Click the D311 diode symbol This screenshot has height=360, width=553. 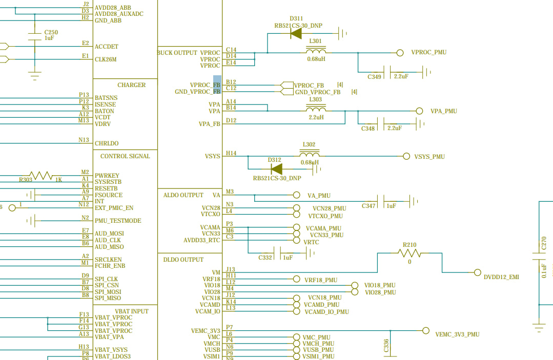pos(296,33)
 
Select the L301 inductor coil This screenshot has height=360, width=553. pos(316,50)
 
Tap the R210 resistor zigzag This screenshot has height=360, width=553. pos(409,252)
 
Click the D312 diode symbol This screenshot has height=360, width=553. pos(277,169)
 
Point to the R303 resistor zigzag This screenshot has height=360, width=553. pos(40,175)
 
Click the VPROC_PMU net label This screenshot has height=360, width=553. pos(429,52)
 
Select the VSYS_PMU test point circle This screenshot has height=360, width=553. pos(406,156)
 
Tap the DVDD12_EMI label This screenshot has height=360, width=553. pos(501,277)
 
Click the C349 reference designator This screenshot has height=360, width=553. pos(374,76)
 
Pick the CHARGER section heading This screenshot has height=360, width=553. pos(132,85)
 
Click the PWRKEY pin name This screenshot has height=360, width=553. pos(107,176)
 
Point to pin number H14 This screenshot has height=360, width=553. pos(231,153)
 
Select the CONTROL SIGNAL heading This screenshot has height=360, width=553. pos(125,156)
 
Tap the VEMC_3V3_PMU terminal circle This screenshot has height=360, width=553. pos(426,330)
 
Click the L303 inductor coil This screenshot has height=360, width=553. pos(316,109)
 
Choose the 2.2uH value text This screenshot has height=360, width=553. pos(316,117)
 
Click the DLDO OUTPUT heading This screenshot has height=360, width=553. pos(183,260)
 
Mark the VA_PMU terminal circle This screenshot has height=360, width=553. pos(297,195)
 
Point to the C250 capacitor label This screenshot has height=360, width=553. pos(51,32)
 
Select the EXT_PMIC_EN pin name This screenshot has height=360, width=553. pos(114,208)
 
